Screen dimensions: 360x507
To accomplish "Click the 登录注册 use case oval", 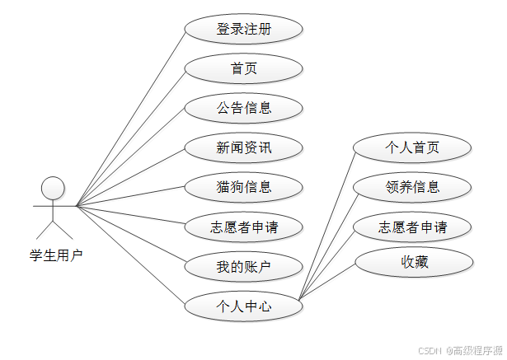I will [x=244, y=30].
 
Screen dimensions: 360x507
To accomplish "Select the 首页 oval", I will [x=244, y=68].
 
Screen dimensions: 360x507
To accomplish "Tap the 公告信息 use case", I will [x=244, y=107].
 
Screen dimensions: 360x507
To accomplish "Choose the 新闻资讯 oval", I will [x=244, y=148].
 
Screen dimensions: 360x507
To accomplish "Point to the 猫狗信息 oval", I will [x=244, y=187].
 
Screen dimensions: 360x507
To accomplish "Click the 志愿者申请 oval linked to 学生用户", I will [x=244, y=227].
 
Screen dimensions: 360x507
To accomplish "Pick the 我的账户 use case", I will [x=244, y=266].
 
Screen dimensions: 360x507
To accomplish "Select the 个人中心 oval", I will [x=244, y=306].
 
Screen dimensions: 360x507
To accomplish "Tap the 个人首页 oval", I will [x=412, y=147].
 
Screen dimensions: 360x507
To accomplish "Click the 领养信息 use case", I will [x=412, y=187].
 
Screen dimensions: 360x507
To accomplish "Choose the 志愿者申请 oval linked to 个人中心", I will [x=412, y=227].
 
